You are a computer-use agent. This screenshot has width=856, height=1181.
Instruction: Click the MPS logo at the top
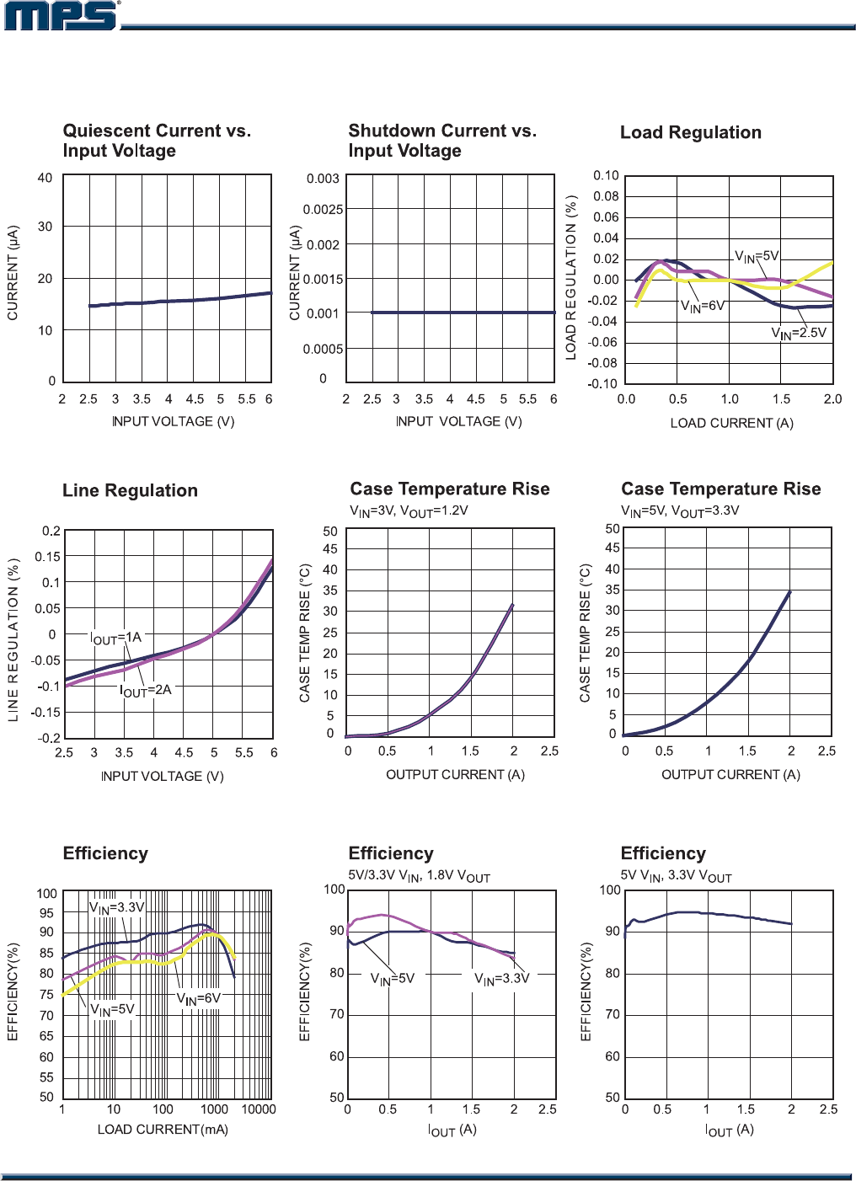point(62,16)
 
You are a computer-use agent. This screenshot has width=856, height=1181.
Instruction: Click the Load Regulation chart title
point(690,133)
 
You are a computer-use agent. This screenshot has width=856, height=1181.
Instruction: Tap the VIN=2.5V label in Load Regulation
point(798,334)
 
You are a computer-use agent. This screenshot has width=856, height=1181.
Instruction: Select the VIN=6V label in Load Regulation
point(702,307)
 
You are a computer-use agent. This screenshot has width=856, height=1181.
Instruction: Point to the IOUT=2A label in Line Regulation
point(145,691)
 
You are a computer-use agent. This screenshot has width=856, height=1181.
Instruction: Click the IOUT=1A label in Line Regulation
point(115,639)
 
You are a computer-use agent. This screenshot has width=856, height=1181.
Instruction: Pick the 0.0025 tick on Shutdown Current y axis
point(323,210)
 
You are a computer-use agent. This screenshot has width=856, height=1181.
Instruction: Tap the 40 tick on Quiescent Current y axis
point(45,179)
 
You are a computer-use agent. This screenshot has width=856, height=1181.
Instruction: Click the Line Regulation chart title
point(130,491)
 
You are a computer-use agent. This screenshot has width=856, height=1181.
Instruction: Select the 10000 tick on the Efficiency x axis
point(259,1109)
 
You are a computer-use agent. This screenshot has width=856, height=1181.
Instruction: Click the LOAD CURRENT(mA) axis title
point(163,1130)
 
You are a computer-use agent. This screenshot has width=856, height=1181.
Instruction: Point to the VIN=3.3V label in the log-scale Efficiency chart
point(117,908)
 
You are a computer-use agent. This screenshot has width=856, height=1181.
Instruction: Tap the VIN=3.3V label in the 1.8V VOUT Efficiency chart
point(501,979)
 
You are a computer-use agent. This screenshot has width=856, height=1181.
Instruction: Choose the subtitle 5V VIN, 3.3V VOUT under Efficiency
point(676,877)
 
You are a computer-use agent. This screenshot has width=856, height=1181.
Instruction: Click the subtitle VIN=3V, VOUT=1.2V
point(409,511)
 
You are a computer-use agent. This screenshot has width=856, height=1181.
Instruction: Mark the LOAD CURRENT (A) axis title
point(731,423)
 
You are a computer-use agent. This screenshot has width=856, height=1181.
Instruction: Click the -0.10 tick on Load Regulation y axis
point(602,384)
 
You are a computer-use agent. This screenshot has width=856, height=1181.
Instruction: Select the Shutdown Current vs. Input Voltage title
point(442,141)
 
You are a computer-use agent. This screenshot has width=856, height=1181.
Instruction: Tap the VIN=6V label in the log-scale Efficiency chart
point(198,999)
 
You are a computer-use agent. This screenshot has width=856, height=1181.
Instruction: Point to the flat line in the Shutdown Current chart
point(463,313)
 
